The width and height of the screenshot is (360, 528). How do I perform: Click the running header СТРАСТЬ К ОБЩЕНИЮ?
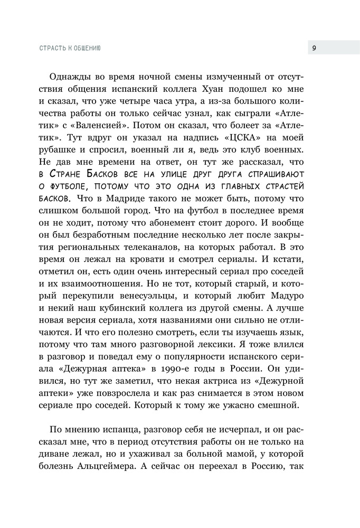[70, 48]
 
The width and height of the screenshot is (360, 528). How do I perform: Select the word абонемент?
[207, 229]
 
